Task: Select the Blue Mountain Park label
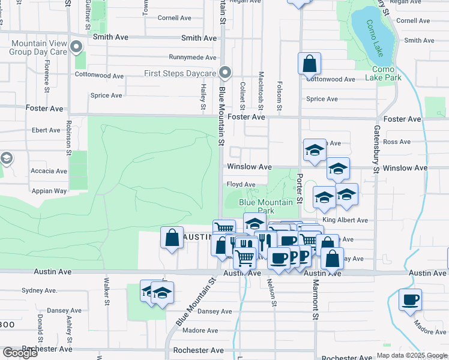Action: tap(266, 206)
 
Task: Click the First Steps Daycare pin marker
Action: tap(225, 73)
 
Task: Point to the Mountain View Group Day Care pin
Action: tap(76, 47)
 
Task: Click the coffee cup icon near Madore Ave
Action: tap(410, 299)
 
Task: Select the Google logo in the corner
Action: tap(20, 352)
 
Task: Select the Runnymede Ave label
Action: tap(192, 58)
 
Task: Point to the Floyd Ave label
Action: tap(241, 184)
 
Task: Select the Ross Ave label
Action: tap(397, 142)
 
